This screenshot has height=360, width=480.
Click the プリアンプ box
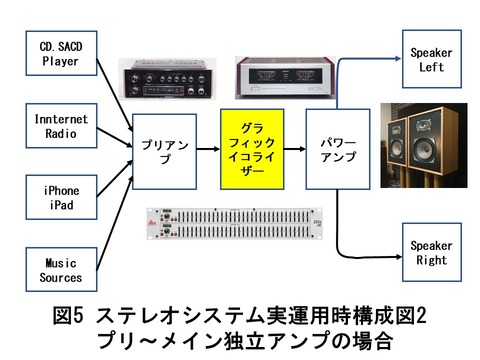coord(163,152)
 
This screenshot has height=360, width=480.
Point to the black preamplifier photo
coord(163,80)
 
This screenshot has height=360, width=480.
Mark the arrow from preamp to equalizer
coord(207,152)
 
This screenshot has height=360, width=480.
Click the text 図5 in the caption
coord(70,317)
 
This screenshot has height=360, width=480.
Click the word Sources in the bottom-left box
coord(61,277)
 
